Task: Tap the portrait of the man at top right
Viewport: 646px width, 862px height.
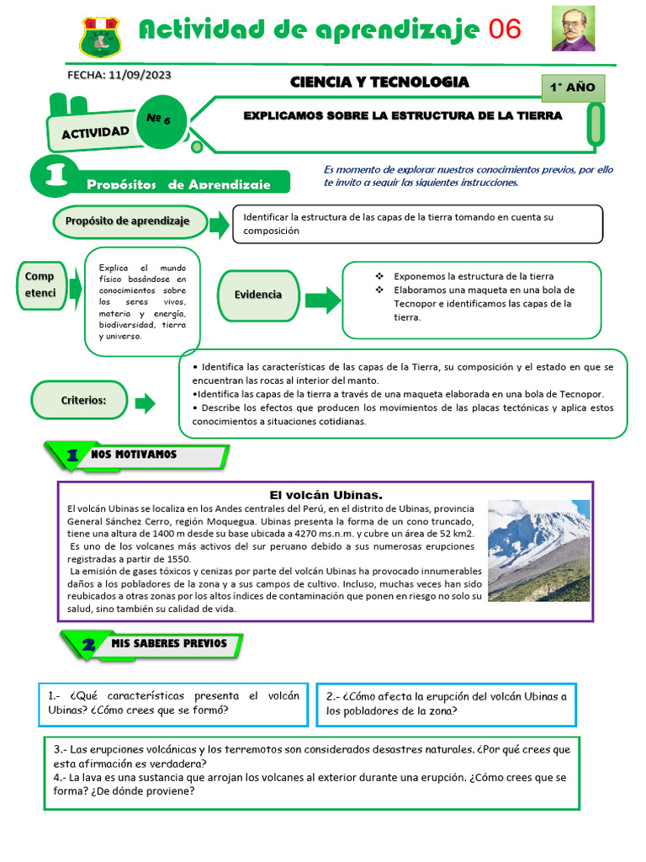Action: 573,29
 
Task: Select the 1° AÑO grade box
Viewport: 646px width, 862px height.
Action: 573,87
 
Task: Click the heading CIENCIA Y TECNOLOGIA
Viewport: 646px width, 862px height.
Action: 379,82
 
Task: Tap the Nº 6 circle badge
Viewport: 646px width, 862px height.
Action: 158,120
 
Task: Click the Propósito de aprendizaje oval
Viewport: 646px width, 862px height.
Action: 132,221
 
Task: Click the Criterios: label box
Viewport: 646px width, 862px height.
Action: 82,400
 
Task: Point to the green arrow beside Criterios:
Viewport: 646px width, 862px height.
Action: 146,403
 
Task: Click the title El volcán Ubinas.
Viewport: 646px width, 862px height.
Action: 326,494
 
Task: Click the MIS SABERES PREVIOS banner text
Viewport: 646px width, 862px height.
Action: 169,643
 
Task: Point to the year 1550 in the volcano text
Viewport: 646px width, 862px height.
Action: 178,558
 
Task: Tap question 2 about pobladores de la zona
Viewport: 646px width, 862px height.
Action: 446,703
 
